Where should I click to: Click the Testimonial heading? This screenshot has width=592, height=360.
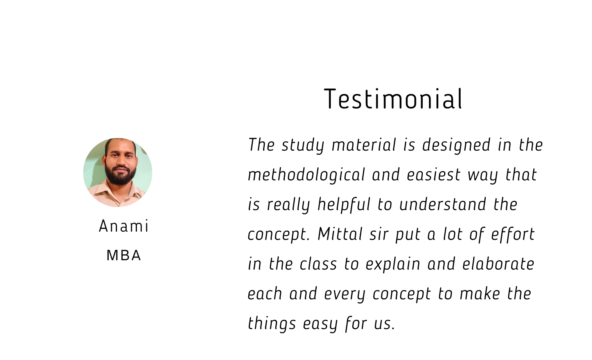coord(393,99)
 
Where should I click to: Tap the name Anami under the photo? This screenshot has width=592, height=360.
coord(124,226)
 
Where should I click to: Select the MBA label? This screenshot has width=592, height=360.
coord(124,256)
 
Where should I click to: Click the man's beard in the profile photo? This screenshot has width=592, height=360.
coord(120,175)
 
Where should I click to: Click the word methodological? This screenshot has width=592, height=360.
coord(307,175)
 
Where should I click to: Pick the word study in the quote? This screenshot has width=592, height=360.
coord(303,145)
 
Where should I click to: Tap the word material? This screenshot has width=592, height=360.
coord(364,145)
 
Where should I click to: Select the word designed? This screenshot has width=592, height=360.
coord(456,145)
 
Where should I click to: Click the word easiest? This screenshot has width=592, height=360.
coord(434,175)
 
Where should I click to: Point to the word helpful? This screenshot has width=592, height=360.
coord(344,205)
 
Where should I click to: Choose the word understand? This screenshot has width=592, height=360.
coord(443,205)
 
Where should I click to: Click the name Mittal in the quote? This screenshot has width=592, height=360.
coord(340,234)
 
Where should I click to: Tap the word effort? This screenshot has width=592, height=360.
coord(513,234)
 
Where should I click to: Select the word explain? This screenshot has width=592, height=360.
coord(393,264)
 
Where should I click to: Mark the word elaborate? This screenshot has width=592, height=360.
coord(498,264)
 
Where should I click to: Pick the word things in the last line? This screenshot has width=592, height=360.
coord(272,324)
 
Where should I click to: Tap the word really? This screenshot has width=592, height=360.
coord(288,205)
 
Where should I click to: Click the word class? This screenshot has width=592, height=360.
coord(318,264)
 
